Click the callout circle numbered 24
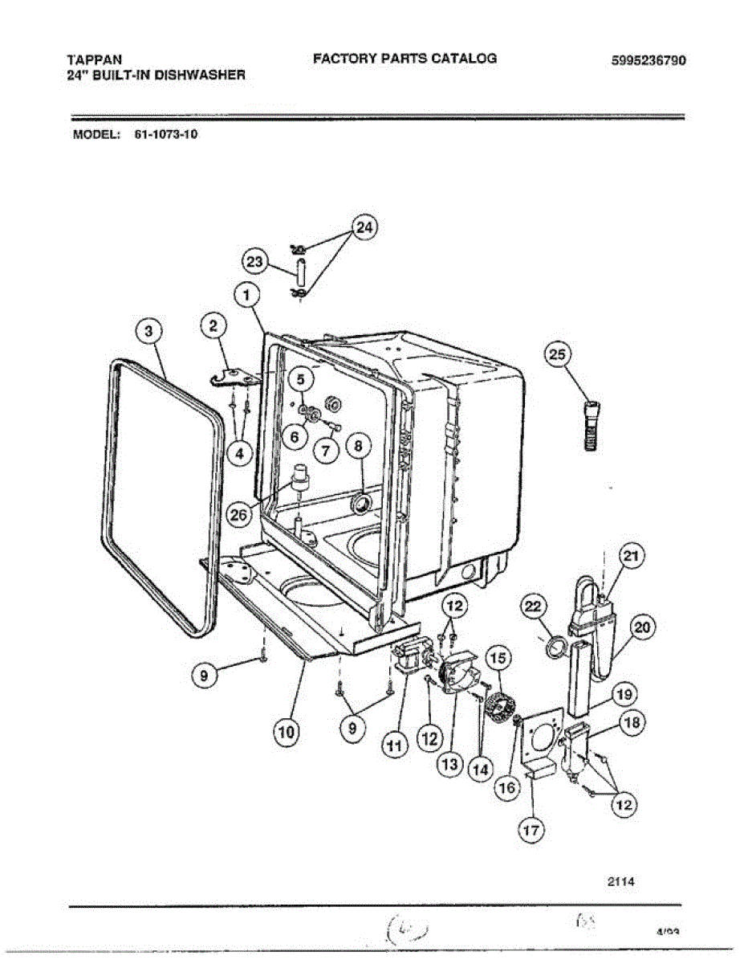(x=364, y=229)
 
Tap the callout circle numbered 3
(x=148, y=331)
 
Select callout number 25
(x=559, y=354)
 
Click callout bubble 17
(x=531, y=830)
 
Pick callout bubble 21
(x=632, y=557)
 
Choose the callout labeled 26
(x=238, y=516)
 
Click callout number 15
(x=498, y=659)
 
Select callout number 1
(x=246, y=297)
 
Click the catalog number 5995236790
(x=648, y=61)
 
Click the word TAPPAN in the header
(x=90, y=59)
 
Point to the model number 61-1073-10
(x=161, y=135)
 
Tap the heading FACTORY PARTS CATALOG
(x=405, y=58)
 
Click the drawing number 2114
(x=621, y=881)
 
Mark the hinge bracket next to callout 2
(x=233, y=377)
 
